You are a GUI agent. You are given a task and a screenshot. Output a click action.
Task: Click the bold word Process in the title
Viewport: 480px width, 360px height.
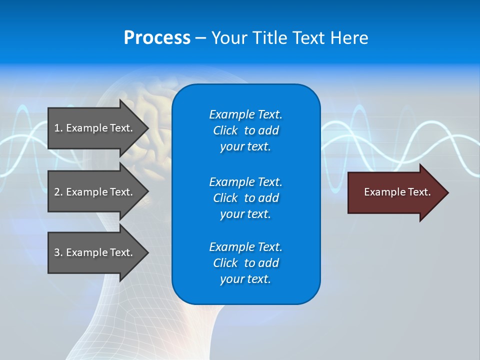157,38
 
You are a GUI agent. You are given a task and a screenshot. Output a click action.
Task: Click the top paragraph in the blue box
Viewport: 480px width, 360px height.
245,130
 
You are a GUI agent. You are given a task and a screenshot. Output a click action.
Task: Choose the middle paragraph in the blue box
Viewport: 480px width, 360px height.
245,198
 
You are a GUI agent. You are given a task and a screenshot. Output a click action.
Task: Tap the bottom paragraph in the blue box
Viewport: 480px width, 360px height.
245,263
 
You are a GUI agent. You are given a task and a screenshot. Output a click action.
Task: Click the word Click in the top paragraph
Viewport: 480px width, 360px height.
225,130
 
